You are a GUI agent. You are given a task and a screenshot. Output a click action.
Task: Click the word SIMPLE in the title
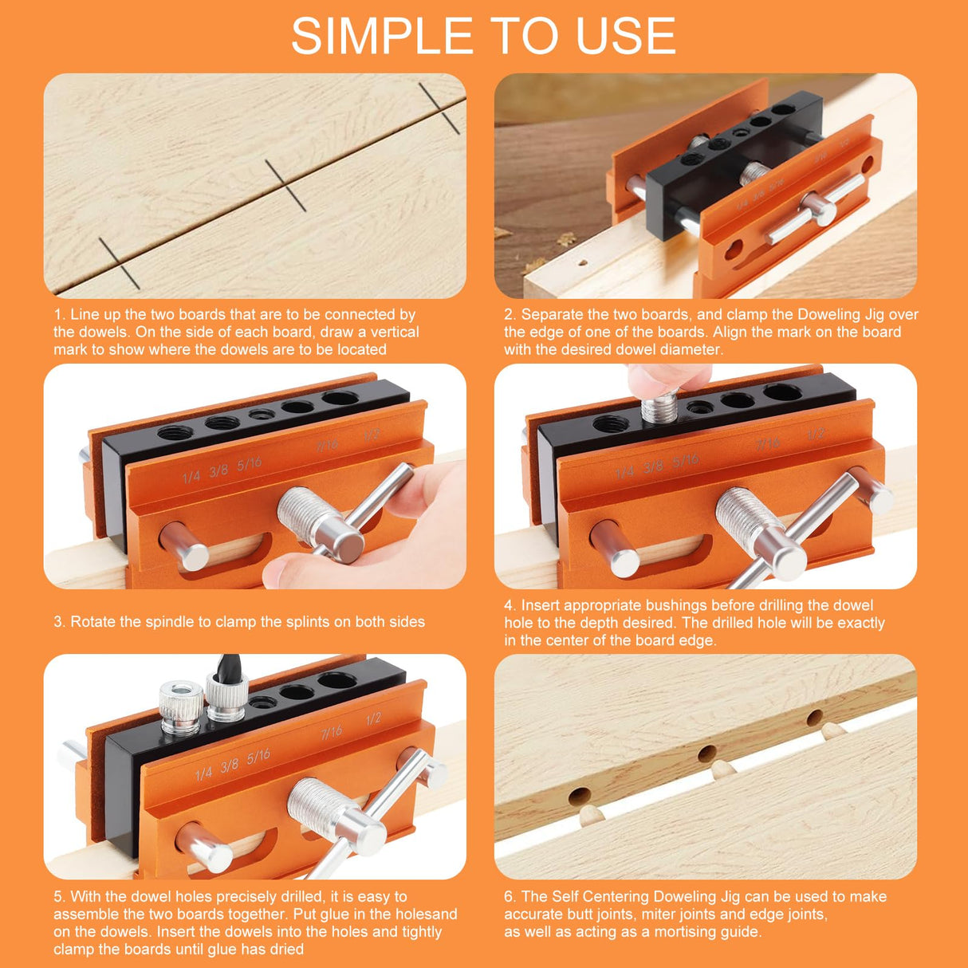pyautogui.click(x=382, y=36)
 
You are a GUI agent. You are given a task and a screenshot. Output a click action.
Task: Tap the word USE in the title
pyautogui.click(x=627, y=36)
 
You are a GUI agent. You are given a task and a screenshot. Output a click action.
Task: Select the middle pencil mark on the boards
pyautogui.click(x=285, y=185)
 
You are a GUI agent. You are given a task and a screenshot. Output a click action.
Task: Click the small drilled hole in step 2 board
pyautogui.click(x=583, y=261)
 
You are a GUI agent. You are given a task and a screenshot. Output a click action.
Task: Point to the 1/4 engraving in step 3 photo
pyautogui.click(x=191, y=477)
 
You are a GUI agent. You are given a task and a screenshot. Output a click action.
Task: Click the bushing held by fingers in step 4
pyautogui.click(x=659, y=408)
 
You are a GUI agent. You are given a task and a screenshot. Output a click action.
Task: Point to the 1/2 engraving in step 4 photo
pyautogui.click(x=815, y=435)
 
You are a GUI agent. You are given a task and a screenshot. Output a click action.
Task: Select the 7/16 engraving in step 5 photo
pyautogui.click(x=331, y=731)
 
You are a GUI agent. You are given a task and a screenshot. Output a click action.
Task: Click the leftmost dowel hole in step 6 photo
pyautogui.click(x=580, y=795)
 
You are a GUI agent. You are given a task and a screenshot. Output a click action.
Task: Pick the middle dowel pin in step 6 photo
pyautogui.click(x=722, y=769)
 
